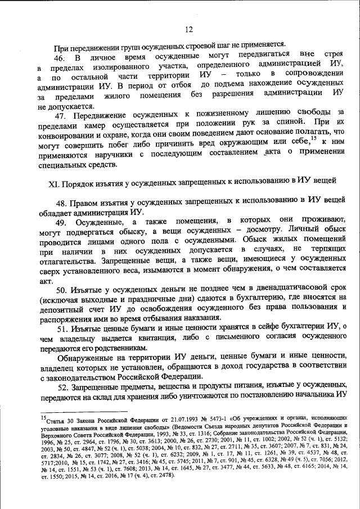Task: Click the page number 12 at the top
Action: point(188,29)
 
